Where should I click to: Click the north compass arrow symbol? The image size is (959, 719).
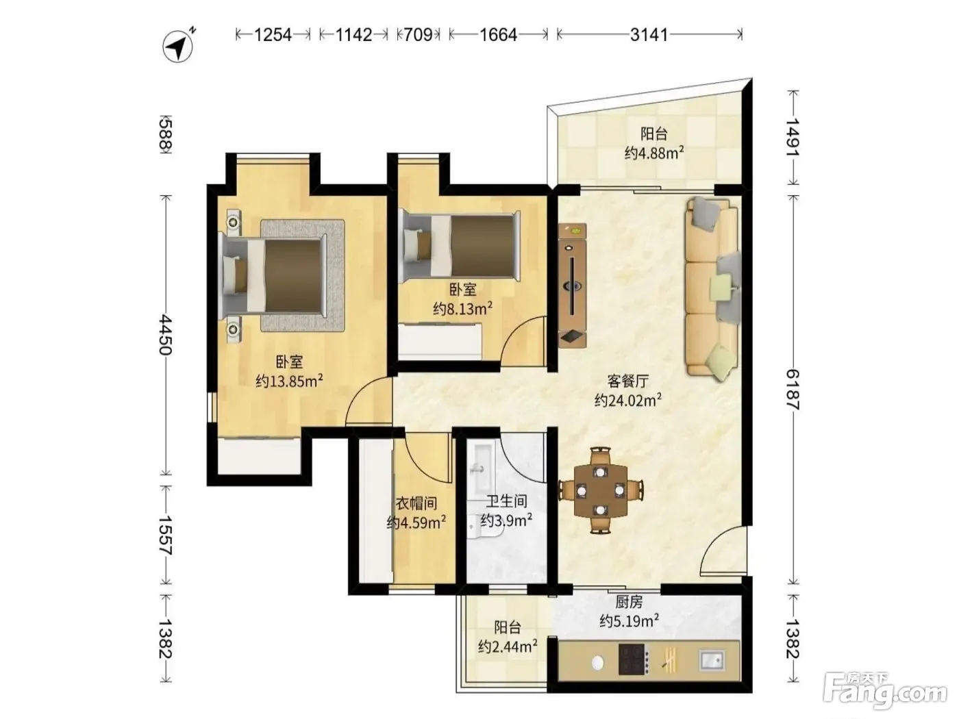pos(178,46)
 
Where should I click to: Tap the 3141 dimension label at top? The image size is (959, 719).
pos(649,34)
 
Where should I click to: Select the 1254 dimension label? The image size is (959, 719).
pos(273,34)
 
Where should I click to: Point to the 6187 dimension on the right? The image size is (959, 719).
pos(793,390)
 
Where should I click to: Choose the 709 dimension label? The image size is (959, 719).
pos(418,34)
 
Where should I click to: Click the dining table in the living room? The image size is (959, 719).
pos(601,490)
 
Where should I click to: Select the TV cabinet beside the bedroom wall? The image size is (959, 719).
pos(573,286)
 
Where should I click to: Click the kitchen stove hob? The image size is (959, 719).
pos(634,659)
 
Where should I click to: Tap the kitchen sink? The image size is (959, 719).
pos(712,659)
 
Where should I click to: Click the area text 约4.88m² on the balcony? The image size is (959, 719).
pos(654,153)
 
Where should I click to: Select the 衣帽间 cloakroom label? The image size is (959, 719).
pos(416,503)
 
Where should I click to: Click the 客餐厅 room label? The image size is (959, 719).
pos(628,381)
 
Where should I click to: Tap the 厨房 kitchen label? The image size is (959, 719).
pos(629,603)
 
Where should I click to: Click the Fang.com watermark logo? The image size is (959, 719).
pos(885,691)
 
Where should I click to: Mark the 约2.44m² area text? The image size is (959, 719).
pos(508,646)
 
